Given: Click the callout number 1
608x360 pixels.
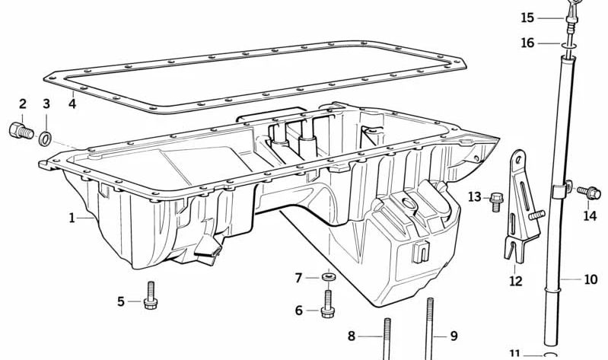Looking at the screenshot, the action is [72, 218].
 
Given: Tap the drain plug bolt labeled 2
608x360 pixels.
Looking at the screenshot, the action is [21, 131].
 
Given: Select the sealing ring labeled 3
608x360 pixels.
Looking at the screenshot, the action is [45, 138].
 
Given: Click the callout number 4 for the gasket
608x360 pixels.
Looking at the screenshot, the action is [72, 104].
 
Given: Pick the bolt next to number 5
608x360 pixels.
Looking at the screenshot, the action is [151, 295].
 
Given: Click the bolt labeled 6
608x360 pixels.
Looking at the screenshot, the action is [328, 304].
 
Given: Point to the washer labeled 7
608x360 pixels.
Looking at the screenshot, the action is [329, 277].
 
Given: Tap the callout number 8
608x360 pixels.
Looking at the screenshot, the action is [352, 336].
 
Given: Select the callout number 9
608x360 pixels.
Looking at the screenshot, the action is [454, 336].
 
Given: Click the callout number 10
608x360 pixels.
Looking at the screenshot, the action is [590, 279].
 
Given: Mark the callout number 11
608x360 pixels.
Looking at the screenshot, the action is [514, 355].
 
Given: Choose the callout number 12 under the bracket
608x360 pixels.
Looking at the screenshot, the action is [516, 280].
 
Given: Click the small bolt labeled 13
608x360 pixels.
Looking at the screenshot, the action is [495, 202].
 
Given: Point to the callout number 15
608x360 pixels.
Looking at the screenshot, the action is [527, 18].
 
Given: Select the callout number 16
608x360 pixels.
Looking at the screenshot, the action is [527, 43].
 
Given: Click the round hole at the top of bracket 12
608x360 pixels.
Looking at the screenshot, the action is [517, 158].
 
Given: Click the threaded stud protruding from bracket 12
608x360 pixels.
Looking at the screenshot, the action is [536, 214].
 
